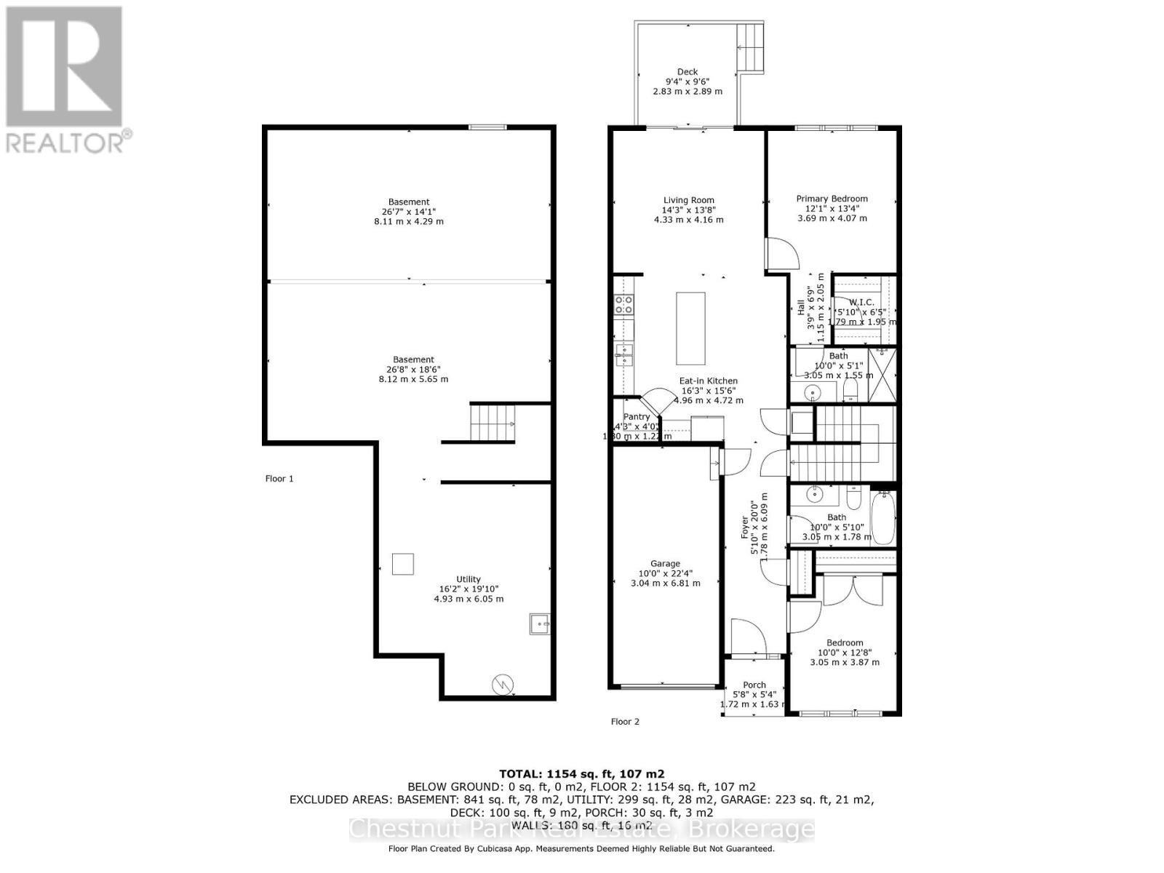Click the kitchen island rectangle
coord(690,328)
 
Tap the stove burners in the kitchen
coord(623,304)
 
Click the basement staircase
coord(493,423)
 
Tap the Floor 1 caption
coord(279,479)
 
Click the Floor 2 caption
coord(625,722)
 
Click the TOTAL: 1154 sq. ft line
coord(581,774)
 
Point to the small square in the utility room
coord(403,564)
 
